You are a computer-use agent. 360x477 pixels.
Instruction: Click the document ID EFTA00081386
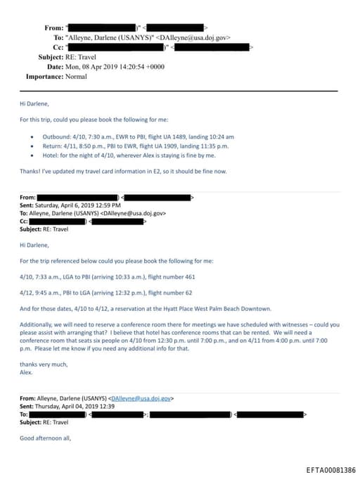click(x=330, y=470)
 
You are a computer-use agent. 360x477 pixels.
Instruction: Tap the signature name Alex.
click(x=26, y=373)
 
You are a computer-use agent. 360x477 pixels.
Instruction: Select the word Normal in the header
click(x=77, y=76)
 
